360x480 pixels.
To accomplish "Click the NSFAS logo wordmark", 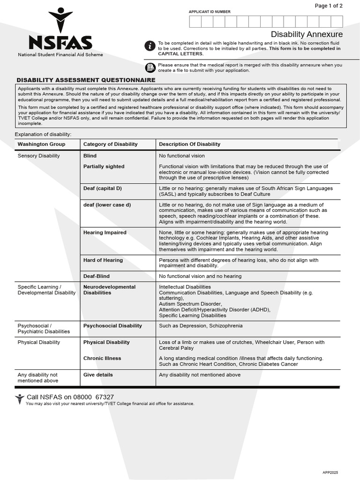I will pos(60,42).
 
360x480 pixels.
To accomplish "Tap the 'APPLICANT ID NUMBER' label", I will pos(210,12).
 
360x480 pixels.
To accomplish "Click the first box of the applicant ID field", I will pos(195,22).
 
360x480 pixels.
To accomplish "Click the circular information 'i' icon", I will pos(150,45).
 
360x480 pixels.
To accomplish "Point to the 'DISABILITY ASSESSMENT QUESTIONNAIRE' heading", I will pos(86,80).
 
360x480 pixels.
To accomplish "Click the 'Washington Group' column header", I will pos(41,144).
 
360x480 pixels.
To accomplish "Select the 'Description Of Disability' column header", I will pos(189,144).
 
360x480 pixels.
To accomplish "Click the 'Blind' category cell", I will pos(90,156).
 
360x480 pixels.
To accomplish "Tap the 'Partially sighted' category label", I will pos(104,166).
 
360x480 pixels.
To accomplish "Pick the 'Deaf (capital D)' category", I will pos(102,188).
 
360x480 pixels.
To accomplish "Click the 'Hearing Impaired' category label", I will pos(105,232).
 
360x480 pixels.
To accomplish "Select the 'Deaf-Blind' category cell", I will pos(96,276).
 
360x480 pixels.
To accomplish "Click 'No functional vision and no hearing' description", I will pos(200,276).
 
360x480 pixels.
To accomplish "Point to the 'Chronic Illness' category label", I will pos(102,358).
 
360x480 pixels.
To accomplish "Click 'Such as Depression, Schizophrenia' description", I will pos(201,325).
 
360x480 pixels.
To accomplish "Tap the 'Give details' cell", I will pos(98,375).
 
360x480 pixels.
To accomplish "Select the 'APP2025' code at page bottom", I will pos(330,472).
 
